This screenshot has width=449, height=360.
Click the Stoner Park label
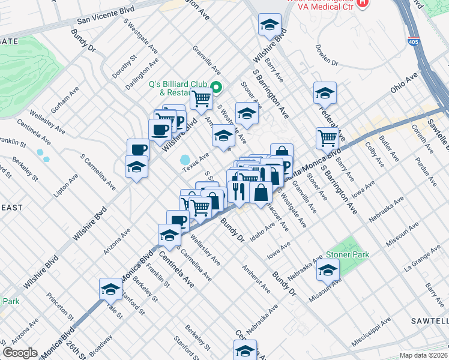pyautogui.click(x=348, y=254)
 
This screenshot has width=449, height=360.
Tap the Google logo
pyautogui.click(x=20, y=353)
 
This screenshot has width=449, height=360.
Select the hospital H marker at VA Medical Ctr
pyautogui.click(x=362, y=2)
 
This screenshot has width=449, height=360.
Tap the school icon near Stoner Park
pyautogui.click(x=328, y=270)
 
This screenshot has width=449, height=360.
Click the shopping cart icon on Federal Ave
pyautogui.click(x=327, y=137)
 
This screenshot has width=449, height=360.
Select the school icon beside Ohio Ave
pyautogui.click(x=325, y=93)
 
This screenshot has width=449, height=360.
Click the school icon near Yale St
pyautogui.click(x=110, y=289)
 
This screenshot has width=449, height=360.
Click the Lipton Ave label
pyautogui.click(x=67, y=186)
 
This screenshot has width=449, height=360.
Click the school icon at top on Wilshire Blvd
pyautogui.click(x=270, y=25)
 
